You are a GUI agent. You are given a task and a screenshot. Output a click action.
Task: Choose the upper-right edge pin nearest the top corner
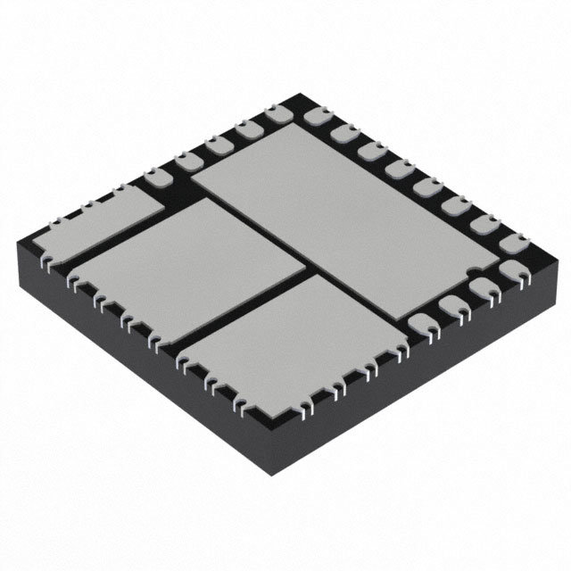tap(314, 115)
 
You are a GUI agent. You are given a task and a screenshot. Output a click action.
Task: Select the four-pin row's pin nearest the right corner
tap(509, 269)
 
